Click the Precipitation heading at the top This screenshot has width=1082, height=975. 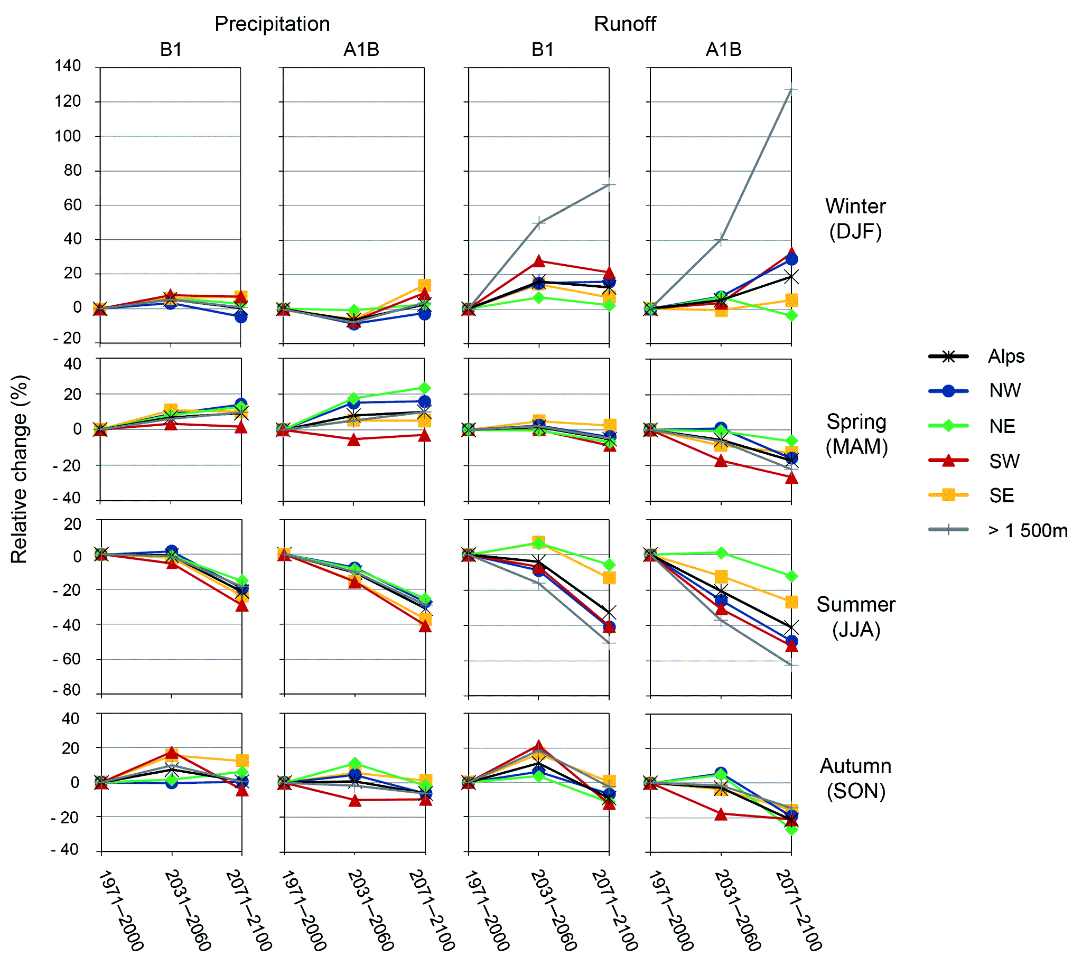tap(272, 24)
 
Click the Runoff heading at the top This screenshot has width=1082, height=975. tap(624, 24)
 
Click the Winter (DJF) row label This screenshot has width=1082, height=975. tap(855, 219)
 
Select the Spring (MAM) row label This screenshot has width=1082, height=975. tap(856, 434)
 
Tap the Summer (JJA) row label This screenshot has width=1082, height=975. tap(855, 616)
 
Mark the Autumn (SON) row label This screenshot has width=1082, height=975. tap(855, 779)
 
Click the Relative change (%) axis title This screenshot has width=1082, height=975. tap(20, 469)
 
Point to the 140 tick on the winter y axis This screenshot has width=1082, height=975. tap(68, 67)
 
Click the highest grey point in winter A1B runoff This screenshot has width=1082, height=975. tap(791, 89)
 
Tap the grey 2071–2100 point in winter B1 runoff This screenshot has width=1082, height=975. tap(609, 185)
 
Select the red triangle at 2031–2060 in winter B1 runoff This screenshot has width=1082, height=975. tap(538, 261)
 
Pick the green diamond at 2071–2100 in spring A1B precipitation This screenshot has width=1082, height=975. tap(424, 388)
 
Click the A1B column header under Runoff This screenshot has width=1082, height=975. tap(723, 50)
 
